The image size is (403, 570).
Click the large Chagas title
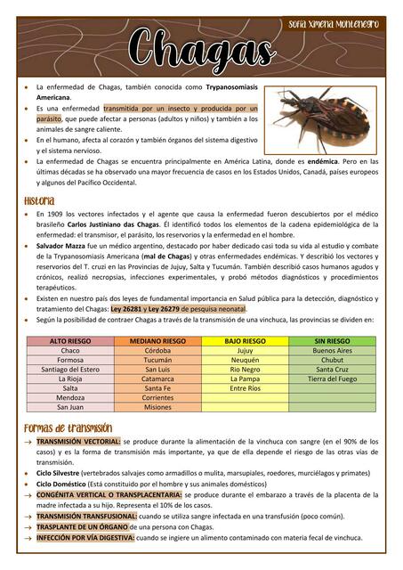tap(200, 47)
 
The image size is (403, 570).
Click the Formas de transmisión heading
tap(68, 428)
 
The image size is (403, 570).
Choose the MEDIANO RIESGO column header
tap(157, 341)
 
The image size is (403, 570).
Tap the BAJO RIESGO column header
tap(245, 341)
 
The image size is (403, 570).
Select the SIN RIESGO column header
tap(332, 341)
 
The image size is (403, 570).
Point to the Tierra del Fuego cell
tap(332, 379)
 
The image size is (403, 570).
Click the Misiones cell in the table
tap(157, 407)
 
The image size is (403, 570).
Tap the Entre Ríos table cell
tap(245, 388)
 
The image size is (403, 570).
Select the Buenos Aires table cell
tap(332, 351)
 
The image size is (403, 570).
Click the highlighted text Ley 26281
tap(128, 309)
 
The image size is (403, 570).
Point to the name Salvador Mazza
tap(62, 243)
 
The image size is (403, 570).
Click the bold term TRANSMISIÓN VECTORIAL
tap(77, 441)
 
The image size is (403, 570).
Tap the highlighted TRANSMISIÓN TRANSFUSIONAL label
tap(85, 516)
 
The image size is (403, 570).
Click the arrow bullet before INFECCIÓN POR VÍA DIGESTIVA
tap(28, 538)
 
